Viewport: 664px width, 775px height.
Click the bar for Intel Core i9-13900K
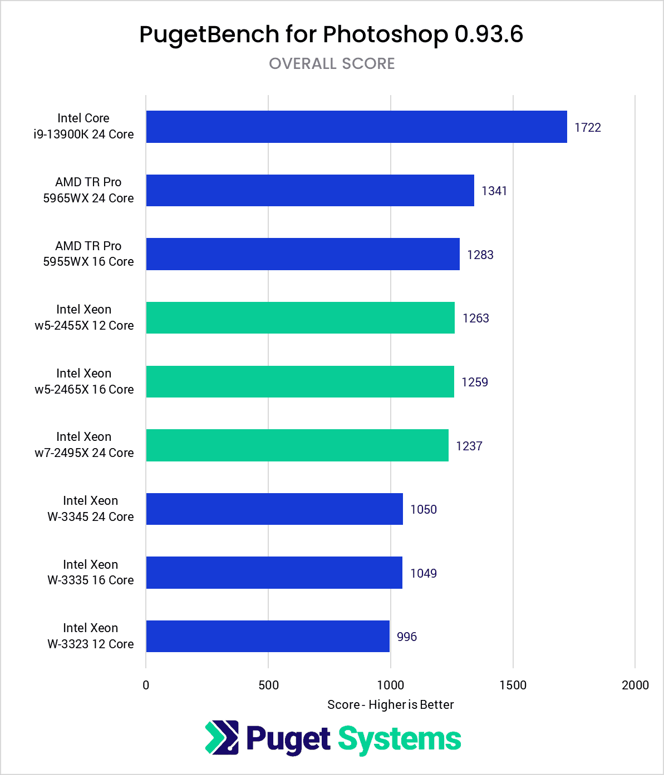(356, 127)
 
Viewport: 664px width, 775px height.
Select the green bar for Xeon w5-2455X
(301, 318)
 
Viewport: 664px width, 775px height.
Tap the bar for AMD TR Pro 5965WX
(310, 191)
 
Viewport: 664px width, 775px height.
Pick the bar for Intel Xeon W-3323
(268, 637)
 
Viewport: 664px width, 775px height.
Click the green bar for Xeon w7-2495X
(297, 445)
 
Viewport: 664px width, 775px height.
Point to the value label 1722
(588, 127)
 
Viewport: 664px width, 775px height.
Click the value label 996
(407, 637)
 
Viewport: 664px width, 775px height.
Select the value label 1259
(475, 382)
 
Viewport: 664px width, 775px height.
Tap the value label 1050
(424, 509)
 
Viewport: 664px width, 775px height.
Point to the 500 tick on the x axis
(268, 685)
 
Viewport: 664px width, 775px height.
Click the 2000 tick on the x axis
(635, 685)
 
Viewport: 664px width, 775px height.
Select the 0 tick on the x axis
(146, 685)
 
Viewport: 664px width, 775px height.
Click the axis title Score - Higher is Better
(390, 704)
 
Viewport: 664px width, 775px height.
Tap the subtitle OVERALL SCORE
(332, 63)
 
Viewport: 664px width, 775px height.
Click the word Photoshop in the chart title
(385, 34)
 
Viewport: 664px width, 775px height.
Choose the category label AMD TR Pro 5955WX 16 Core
(88, 254)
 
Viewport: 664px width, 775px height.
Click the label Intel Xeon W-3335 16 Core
(91, 572)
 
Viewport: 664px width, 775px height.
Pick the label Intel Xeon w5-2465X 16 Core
(84, 381)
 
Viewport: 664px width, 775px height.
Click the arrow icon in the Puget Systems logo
(222, 738)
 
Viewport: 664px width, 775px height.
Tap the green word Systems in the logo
(400, 739)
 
